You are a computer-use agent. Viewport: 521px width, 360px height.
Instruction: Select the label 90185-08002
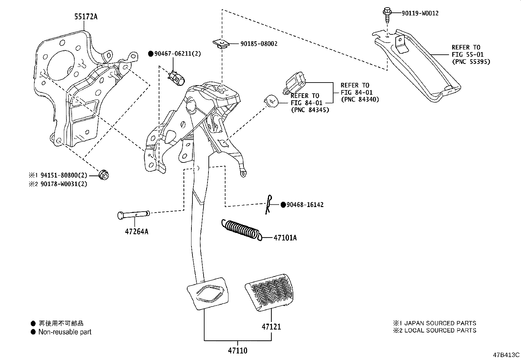259,44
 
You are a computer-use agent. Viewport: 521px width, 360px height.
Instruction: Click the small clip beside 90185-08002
221,44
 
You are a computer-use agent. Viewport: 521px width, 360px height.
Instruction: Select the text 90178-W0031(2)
64,184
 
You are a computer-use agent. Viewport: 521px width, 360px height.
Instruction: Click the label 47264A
136,232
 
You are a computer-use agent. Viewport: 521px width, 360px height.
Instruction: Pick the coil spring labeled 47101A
242,230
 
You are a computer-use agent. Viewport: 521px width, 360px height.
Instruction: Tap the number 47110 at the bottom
238,351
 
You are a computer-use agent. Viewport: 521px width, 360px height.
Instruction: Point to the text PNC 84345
310,110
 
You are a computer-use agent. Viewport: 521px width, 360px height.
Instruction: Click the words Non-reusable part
65,332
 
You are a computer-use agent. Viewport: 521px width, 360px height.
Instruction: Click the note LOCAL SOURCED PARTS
440,330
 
